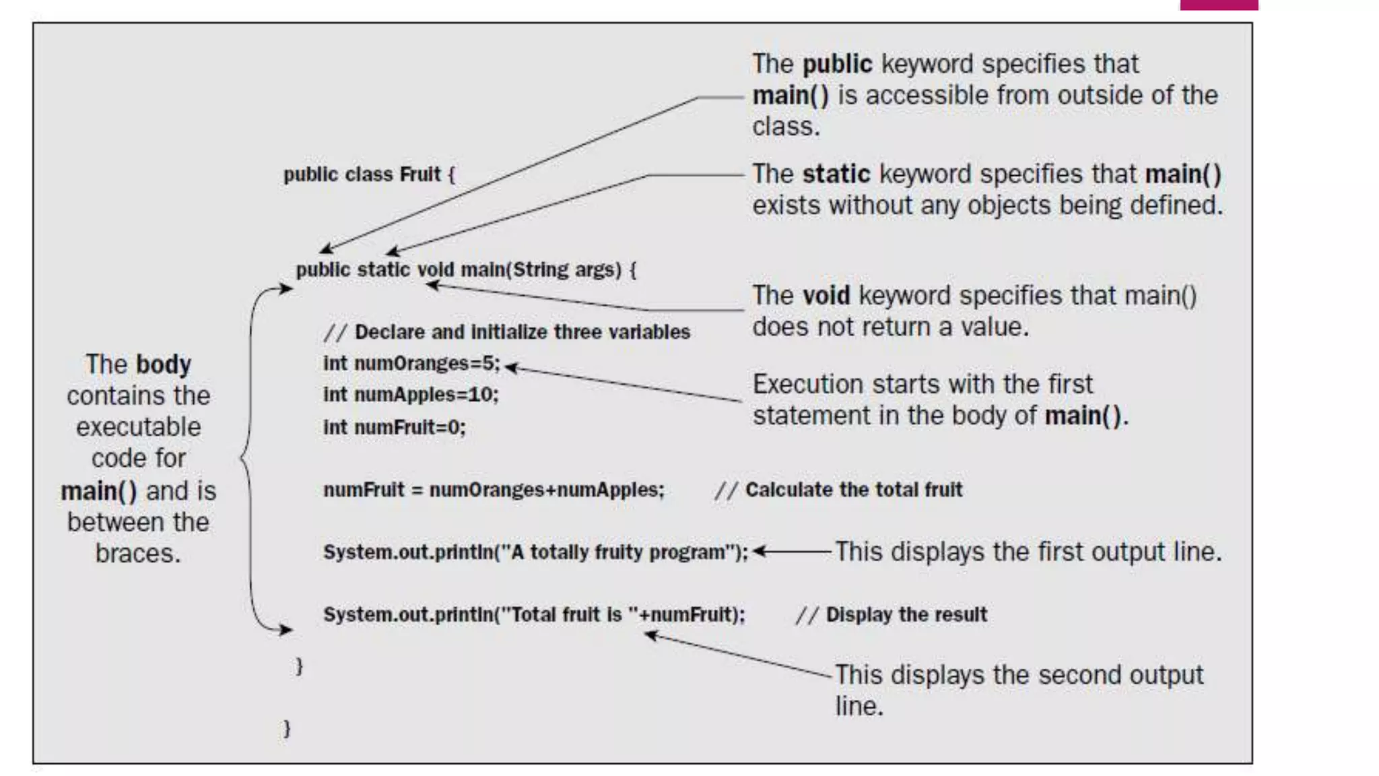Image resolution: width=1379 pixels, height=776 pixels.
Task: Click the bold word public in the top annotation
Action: (x=837, y=64)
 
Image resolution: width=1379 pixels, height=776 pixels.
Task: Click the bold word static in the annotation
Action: (x=836, y=174)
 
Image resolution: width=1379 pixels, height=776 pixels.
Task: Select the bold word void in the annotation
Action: (x=826, y=296)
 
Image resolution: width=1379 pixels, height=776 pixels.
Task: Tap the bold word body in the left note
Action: (x=163, y=364)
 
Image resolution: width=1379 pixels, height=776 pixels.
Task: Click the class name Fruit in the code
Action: (x=419, y=174)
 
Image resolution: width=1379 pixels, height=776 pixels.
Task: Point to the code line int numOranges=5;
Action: (x=411, y=364)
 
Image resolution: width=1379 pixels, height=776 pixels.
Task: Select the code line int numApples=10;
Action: (x=411, y=395)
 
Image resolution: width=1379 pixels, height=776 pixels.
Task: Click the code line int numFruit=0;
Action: (x=394, y=427)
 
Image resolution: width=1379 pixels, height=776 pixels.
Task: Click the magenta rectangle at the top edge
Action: (x=1219, y=5)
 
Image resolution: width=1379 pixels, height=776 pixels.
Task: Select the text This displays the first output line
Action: (x=1028, y=552)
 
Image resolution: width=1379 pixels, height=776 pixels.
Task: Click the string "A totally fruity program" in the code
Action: (x=617, y=552)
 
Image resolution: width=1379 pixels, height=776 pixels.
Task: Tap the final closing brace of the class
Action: (x=287, y=728)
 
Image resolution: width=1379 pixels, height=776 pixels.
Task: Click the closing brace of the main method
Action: (x=300, y=666)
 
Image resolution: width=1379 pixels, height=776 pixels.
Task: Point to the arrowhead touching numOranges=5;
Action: (x=510, y=367)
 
